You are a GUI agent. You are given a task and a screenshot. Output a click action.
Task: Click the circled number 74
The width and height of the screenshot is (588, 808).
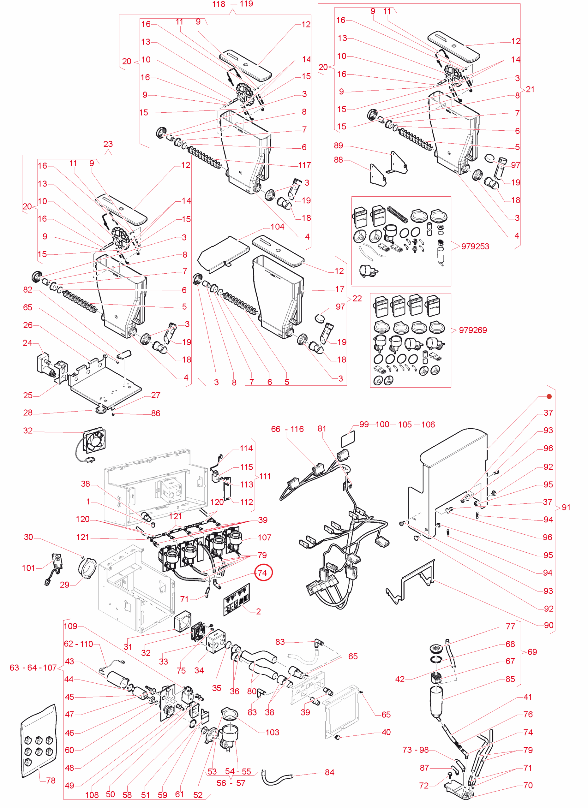click(x=263, y=573)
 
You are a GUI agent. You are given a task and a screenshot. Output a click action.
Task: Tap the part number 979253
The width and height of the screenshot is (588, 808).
click(x=475, y=247)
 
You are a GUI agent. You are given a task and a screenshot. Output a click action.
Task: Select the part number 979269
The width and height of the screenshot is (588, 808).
click(x=472, y=330)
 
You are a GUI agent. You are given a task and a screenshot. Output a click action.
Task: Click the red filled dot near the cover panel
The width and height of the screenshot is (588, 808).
click(x=549, y=396)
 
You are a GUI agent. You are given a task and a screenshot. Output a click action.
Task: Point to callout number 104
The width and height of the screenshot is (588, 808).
click(x=277, y=227)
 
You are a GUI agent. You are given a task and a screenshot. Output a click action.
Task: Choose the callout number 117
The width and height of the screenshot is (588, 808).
click(x=304, y=165)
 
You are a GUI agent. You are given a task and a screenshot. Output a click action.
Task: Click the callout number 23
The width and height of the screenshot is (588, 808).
click(x=108, y=144)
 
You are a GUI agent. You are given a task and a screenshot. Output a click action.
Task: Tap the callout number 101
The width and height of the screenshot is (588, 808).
click(x=28, y=568)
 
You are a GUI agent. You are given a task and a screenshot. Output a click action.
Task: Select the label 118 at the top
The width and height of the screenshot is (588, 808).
click(x=219, y=4)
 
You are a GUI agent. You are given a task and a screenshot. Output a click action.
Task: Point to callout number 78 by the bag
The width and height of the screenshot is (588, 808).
click(x=51, y=781)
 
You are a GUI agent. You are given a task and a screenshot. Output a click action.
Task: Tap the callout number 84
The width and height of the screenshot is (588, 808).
click(x=330, y=772)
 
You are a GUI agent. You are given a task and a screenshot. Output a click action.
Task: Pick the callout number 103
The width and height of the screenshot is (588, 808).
click(x=272, y=733)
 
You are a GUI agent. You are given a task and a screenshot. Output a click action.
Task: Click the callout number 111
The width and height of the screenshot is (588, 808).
click(x=265, y=476)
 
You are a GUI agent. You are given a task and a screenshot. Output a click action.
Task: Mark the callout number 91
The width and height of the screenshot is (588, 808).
click(x=566, y=507)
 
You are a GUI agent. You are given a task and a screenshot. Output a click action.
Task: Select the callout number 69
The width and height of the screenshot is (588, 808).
click(x=532, y=652)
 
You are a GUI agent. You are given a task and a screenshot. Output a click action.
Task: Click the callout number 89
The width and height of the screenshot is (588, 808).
click(x=338, y=146)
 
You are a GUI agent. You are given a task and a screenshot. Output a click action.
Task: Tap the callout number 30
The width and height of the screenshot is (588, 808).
click(x=28, y=537)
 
